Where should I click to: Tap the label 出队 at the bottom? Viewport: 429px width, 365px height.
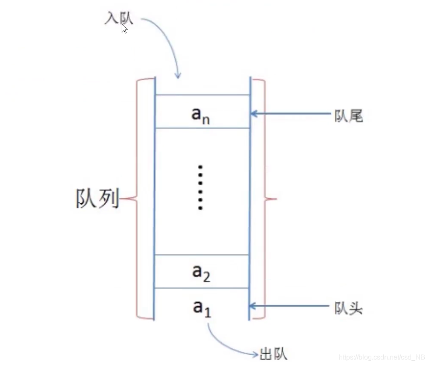coord(273,354)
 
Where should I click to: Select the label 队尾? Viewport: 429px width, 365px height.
coord(349,116)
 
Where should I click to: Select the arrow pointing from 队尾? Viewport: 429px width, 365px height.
coord(291,114)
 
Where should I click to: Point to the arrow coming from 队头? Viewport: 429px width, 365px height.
coord(291,306)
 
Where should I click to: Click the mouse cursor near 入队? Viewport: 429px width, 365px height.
coord(124,29)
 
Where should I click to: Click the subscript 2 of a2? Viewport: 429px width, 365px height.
coord(207,277)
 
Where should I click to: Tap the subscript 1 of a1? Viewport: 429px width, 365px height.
coord(208,313)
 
